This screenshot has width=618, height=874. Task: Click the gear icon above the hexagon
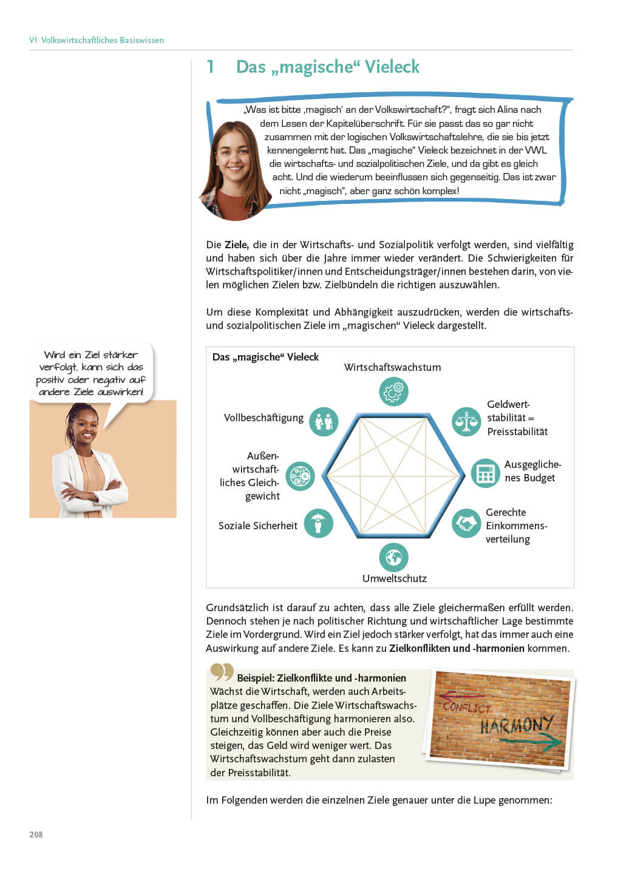(393, 391)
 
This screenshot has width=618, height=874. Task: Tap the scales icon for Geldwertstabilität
(466, 421)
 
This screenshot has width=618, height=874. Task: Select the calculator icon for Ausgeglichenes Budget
(486, 473)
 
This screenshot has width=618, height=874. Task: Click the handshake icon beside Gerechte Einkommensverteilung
(466, 523)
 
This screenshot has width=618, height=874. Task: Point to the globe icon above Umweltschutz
(393, 557)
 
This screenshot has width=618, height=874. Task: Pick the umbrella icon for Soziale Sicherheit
(318, 523)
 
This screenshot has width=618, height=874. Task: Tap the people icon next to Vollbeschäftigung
(324, 421)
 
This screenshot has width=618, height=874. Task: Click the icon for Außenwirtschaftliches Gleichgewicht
(300, 476)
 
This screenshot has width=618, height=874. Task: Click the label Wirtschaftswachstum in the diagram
(392, 367)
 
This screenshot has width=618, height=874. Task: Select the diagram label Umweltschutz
(394, 578)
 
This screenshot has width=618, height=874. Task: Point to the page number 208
(36, 835)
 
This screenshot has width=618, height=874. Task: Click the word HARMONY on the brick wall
(516, 724)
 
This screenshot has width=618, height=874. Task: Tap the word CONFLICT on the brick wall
(466, 706)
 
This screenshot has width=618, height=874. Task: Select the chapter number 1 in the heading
(211, 67)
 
